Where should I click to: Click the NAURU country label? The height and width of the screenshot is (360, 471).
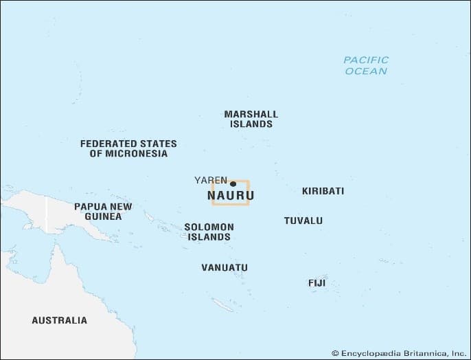pyautogui.click(x=230, y=196)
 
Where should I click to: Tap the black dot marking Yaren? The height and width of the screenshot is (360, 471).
pyautogui.click(x=233, y=183)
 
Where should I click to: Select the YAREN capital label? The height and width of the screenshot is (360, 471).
pyautogui.click(x=211, y=180)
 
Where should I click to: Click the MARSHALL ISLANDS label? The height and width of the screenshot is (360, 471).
pyautogui.click(x=251, y=119)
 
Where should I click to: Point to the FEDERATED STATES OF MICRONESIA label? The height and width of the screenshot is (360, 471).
pyautogui.click(x=128, y=148)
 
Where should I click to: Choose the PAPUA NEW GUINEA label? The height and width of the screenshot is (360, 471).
pyautogui.click(x=103, y=211)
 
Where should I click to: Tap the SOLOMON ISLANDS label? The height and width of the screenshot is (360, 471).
pyautogui.click(x=209, y=232)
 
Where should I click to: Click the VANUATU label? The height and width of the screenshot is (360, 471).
pyautogui.click(x=225, y=267)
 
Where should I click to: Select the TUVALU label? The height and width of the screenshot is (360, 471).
pyautogui.click(x=303, y=221)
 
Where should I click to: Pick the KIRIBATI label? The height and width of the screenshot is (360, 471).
pyautogui.click(x=323, y=191)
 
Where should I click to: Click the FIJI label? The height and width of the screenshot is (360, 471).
pyautogui.click(x=317, y=283)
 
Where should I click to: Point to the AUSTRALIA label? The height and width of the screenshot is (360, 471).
pyautogui.click(x=60, y=320)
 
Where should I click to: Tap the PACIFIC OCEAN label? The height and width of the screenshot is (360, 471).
pyautogui.click(x=366, y=65)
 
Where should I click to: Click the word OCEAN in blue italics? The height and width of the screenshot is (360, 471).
pyautogui.click(x=366, y=71)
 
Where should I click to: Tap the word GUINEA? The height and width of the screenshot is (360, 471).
pyautogui.click(x=103, y=216)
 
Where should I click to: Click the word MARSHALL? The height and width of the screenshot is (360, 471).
pyautogui.click(x=251, y=114)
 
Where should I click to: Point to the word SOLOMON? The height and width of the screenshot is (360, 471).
pyautogui.click(x=209, y=227)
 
